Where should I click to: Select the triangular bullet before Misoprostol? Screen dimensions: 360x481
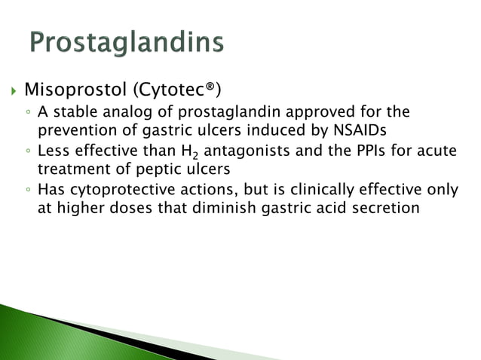[x=10, y=93]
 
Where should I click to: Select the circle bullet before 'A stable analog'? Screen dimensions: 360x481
[x=27, y=114]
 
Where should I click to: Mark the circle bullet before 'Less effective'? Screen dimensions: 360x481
[x=27, y=151]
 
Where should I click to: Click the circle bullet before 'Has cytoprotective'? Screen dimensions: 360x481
[x=27, y=189]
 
